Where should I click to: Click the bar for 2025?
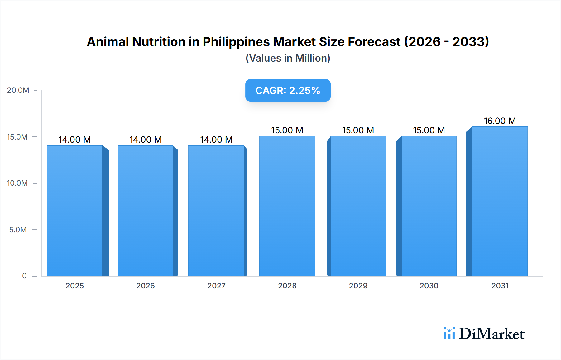[75, 211]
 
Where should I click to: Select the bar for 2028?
[287, 206]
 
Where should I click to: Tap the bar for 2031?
[500, 201]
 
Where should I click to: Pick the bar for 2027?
[216, 211]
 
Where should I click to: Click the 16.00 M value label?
[500, 121]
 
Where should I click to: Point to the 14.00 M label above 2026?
[145, 140]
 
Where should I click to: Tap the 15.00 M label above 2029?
[358, 130]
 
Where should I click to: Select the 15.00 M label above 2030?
[429, 130]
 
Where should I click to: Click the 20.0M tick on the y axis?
[18, 90]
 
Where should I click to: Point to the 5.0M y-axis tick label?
[18, 230]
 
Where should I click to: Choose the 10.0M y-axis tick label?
[17, 183]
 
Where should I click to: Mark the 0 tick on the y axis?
[24, 276]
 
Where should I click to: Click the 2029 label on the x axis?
[358, 286]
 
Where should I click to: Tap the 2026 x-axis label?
[146, 286]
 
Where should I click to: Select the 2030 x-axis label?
[429, 286]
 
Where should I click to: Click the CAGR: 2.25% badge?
[288, 90]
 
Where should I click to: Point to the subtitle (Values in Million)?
[288, 58]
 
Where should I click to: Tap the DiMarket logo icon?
[449, 333]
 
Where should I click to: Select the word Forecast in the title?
[374, 42]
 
